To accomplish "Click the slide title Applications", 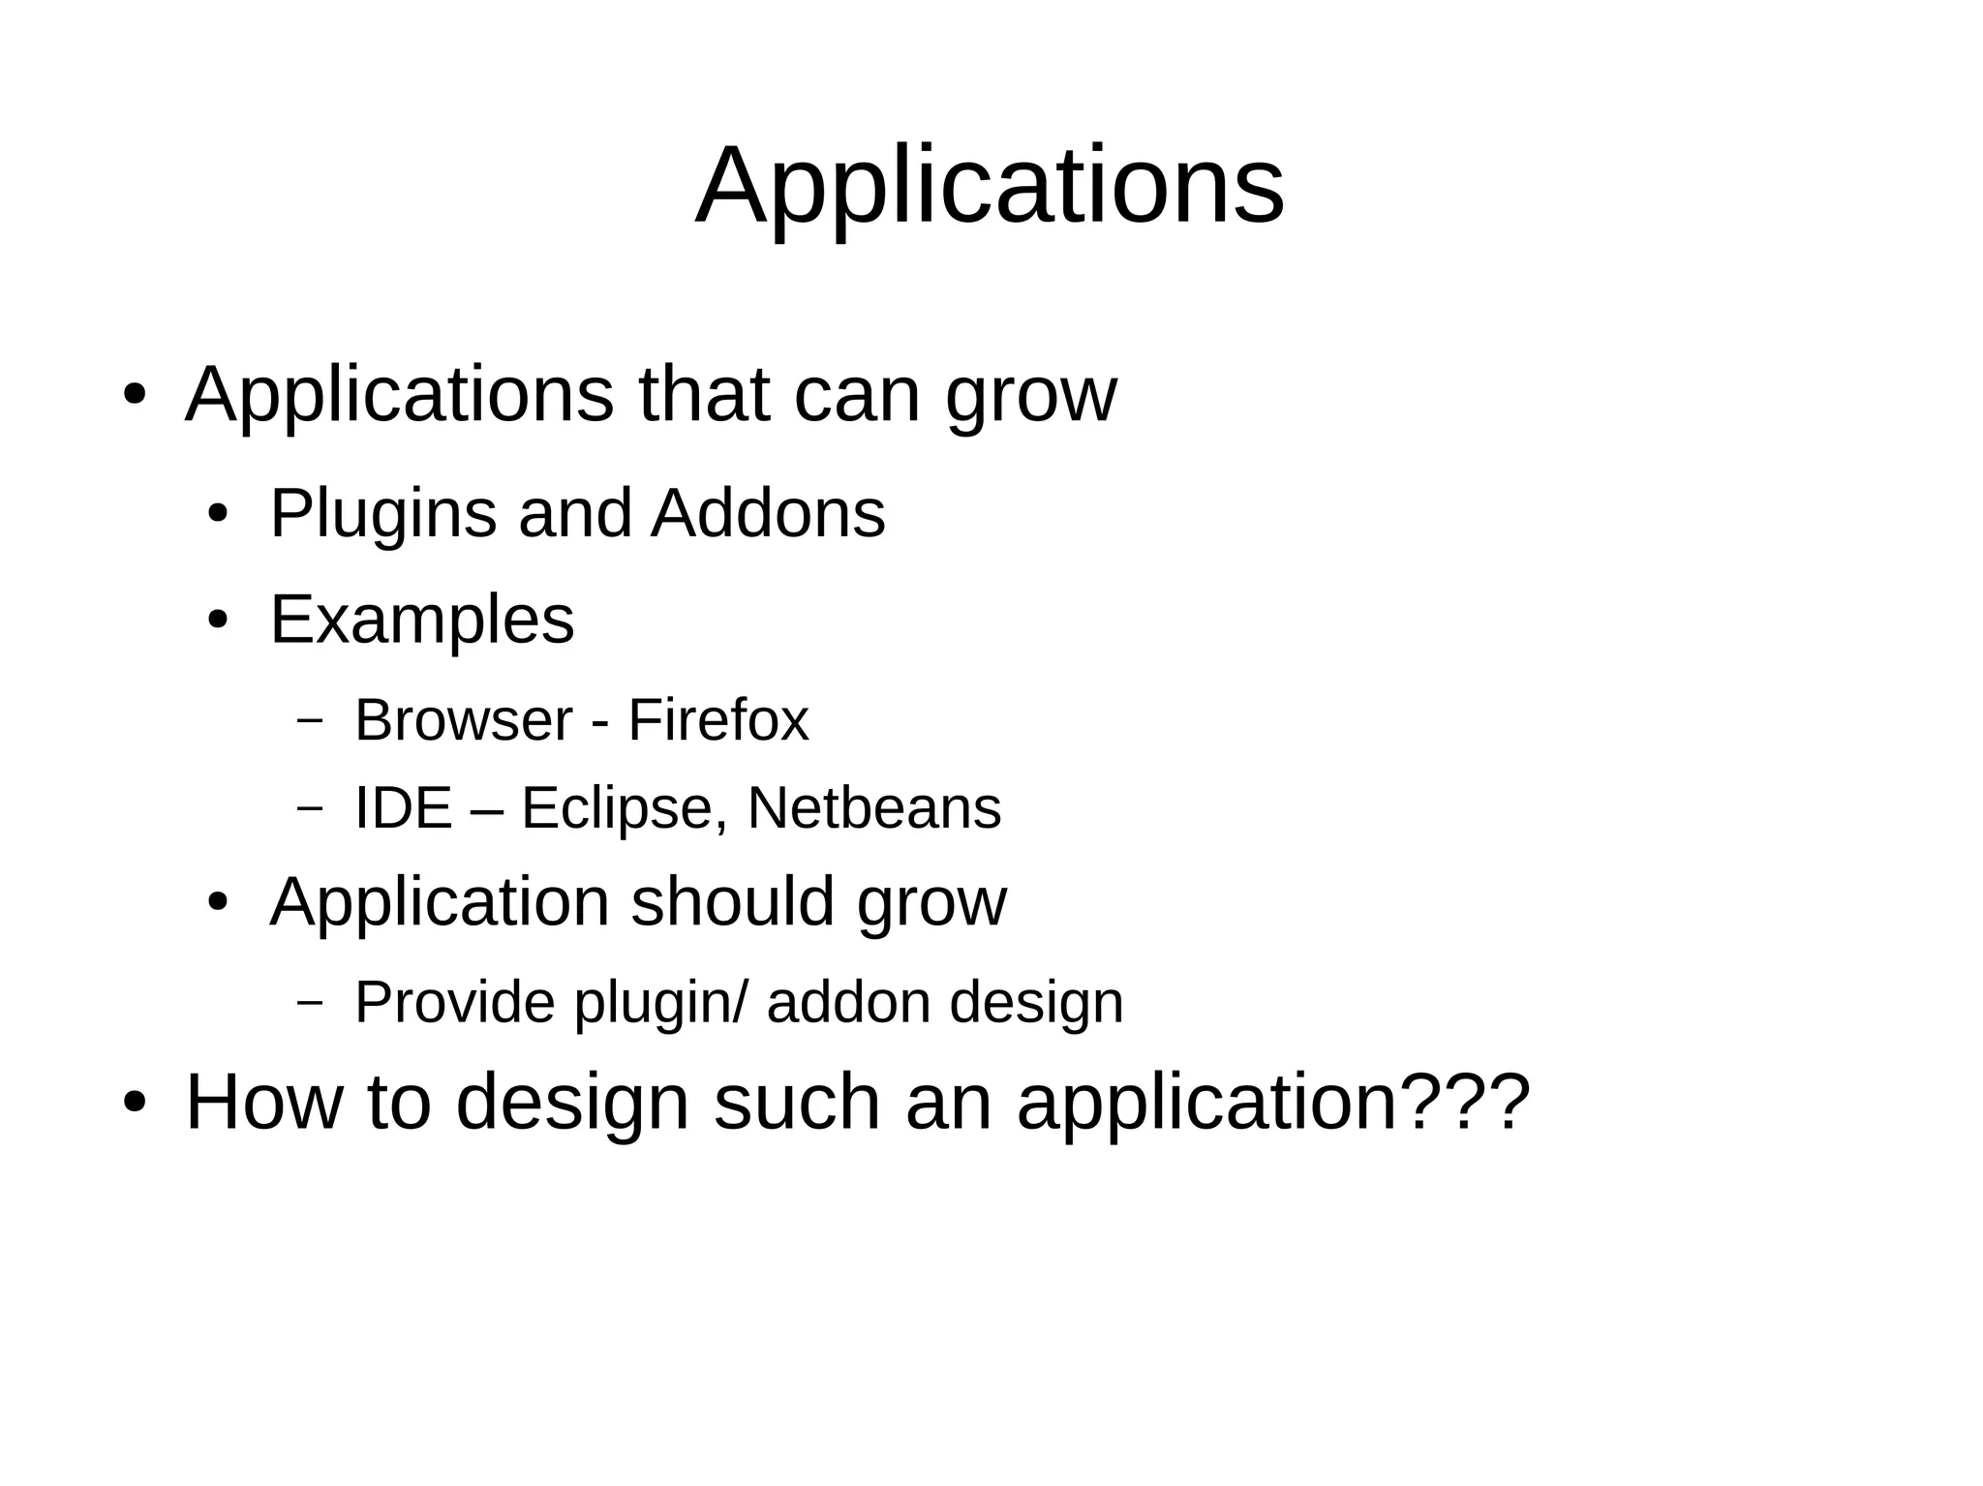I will (x=990, y=186).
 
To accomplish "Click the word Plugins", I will (x=382, y=514).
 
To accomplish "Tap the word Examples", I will (x=421, y=621).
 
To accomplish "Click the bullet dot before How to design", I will (x=135, y=1104).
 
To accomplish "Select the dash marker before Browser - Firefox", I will (x=309, y=720).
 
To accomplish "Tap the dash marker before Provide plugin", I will (x=309, y=1003).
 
